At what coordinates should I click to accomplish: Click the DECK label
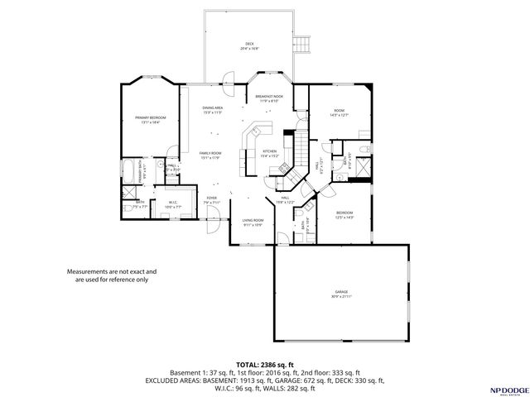click(x=248, y=44)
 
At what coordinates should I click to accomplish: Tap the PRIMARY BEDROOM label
click(x=151, y=118)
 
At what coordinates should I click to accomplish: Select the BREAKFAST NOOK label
click(x=270, y=98)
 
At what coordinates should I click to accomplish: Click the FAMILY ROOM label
click(x=210, y=154)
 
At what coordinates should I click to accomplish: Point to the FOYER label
click(x=212, y=198)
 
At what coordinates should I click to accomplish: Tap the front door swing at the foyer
click(x=214, y=219)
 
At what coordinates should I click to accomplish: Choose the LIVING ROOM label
click(x=253, y=220)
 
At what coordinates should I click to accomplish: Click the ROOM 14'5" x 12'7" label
click(x=338, y=111)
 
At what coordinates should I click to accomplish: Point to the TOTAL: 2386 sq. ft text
click(x=264, y=364)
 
